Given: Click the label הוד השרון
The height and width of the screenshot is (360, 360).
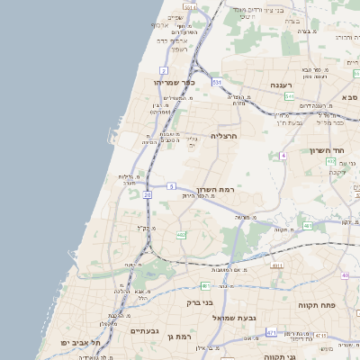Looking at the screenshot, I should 328,150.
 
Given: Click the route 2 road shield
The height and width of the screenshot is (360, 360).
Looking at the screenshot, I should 164,69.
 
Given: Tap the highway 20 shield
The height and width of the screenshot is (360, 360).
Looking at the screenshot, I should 147,193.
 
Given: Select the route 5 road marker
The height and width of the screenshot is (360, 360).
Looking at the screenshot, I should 171,186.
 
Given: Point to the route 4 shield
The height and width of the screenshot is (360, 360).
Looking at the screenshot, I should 283,156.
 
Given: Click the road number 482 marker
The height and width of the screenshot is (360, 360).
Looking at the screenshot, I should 181,235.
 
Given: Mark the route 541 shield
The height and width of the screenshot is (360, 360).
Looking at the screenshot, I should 217,83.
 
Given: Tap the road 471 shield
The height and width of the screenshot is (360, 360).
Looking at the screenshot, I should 271,333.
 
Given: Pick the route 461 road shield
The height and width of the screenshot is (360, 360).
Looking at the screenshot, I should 307,226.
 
